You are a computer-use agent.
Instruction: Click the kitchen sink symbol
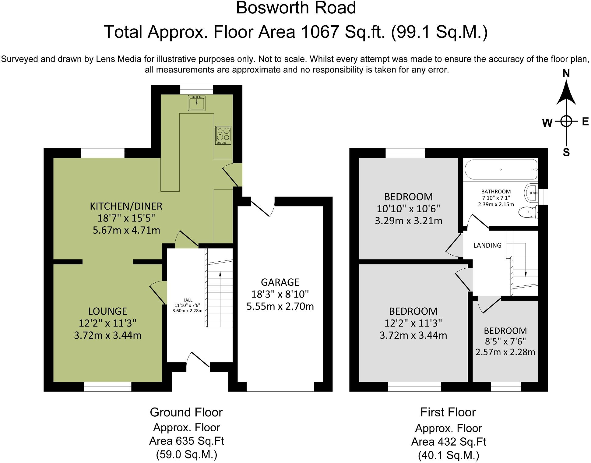coord(197,103)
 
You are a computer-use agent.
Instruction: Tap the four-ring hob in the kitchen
coord(223,135)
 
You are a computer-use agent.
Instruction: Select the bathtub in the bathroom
coord(501,170)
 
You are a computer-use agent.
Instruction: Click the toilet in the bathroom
coord(528,212)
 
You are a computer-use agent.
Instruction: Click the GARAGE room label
coord(280,282)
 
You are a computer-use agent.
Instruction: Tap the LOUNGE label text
coord(107,311)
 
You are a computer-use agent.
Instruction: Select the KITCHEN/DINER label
coord(126,206)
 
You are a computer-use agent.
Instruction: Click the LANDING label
coord(487,245)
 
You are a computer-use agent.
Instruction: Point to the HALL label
coord(187,300)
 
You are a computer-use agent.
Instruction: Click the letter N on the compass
coord(566,73)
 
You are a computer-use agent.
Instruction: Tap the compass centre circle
coord(566,121)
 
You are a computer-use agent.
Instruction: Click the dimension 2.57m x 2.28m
coord(505,352)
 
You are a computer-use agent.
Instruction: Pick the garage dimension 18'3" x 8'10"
coord(280,294)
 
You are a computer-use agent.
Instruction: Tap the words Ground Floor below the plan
coord(186,412)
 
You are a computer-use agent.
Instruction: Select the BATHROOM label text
coord(496,192)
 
